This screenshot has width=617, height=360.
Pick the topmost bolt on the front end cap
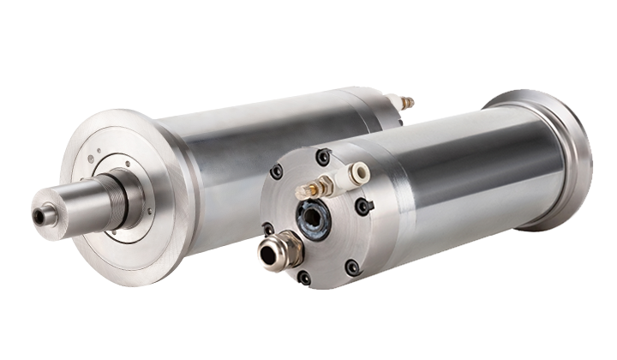[322, 157]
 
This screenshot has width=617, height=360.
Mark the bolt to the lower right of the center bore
[351, 267]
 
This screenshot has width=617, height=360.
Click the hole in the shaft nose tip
[39, 217]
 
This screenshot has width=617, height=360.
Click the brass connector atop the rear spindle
[406, 103]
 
